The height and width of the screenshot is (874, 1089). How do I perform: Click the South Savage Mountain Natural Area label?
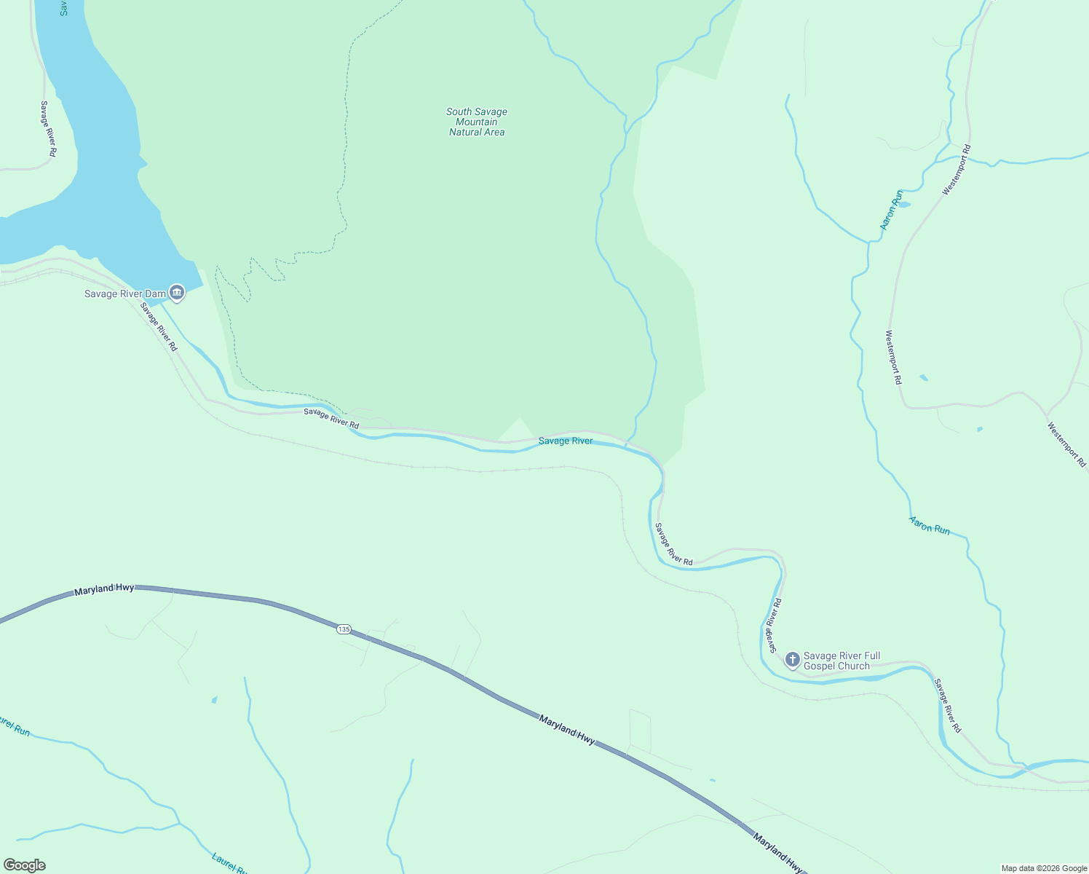point(477,122)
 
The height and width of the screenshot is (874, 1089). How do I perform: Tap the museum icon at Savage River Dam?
point(177,293)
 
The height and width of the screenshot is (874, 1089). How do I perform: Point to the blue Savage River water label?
point(566,441)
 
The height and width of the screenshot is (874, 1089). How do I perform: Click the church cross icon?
point(793,660)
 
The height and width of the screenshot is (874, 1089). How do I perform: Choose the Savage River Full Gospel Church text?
point(841,661)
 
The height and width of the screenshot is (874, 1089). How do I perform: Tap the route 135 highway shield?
point(344,629)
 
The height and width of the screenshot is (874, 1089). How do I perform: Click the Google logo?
point(24,865)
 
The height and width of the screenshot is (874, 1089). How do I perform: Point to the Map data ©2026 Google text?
point(1043,867)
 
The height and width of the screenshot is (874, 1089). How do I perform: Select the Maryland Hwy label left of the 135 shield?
point(104,589)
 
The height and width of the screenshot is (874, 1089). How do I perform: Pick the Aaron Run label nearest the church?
point(930,525)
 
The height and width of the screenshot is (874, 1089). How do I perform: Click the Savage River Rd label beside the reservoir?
point(48,129)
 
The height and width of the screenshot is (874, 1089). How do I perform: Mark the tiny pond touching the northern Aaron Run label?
point(904,205)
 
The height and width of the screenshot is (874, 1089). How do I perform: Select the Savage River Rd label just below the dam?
point(159,327)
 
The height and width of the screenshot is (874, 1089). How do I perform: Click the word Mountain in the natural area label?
point(477,122)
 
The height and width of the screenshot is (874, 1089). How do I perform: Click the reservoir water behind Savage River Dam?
point(95,146)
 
